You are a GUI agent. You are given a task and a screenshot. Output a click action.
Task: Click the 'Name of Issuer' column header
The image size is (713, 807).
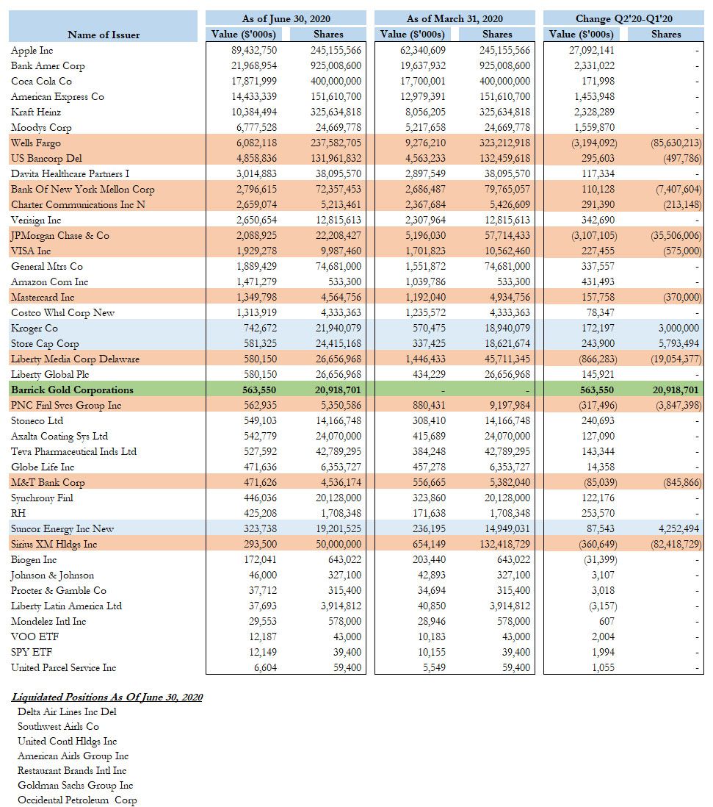coord(103,35)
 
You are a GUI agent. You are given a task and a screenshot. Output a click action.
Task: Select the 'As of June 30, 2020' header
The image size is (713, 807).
coord(285,18)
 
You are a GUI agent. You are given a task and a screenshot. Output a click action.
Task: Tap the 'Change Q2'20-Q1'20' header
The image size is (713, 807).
coord(623,18)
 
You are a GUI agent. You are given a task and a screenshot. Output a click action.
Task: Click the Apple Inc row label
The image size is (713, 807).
coord(32,51)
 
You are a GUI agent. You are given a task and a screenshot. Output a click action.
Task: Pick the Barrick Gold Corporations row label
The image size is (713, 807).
coord(71,390)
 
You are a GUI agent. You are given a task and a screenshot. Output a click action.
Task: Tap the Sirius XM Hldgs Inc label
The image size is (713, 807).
coord(54,545)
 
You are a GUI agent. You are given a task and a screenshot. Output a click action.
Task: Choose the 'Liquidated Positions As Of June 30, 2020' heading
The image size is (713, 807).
coord(107,697)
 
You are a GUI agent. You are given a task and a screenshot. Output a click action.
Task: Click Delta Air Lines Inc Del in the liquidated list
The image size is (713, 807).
coord(67,711)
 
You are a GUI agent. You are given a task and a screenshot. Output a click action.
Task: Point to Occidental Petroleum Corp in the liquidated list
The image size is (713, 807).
coord(77,800)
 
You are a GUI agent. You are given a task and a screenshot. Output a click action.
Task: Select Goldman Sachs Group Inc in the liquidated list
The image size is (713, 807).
coord(75,785)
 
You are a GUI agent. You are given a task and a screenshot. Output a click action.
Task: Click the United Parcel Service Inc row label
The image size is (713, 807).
coord(64,668)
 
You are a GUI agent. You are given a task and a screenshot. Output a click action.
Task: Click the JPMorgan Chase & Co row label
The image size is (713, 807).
coord(59,236)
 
